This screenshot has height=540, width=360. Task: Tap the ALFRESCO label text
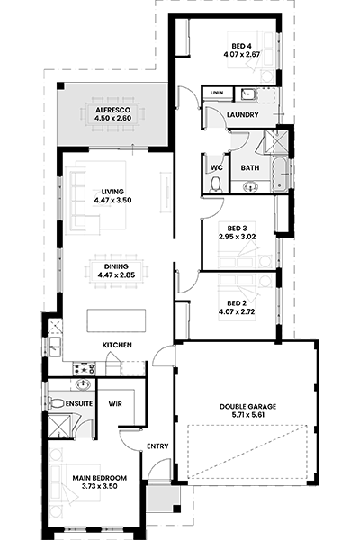[113, 110]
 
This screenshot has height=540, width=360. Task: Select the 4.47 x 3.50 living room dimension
[113, 200]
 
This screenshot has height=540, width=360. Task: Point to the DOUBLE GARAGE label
[248, 407]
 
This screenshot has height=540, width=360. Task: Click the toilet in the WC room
[216, 184]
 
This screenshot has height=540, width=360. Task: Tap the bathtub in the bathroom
[282, 175]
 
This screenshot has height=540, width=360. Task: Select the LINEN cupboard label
[217, 93]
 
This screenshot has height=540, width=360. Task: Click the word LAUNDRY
[242, 114]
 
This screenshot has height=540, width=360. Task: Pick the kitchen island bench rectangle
[116, 320]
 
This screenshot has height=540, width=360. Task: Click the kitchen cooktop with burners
[84, 368]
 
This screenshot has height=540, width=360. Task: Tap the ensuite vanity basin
[82, 384]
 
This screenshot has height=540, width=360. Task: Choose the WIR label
[115, 403]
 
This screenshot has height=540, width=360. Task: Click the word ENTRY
[157, 446]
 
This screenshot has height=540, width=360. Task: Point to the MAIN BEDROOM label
[100, 478]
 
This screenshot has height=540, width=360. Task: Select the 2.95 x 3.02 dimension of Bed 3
[237, 237]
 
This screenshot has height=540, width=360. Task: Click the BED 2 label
[237, 303]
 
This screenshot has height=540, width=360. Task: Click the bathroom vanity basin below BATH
[250, 187]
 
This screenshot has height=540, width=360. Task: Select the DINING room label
[116, 266]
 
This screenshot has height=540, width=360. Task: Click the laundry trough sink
[247, 94]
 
